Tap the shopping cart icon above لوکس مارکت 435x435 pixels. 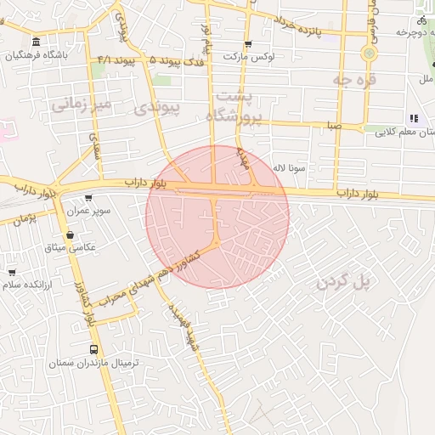(x=247, y=44)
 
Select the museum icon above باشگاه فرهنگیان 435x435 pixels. (x=35, y=42)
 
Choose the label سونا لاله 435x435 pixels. (x=290, y=168)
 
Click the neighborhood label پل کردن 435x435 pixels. (x=344, y=282)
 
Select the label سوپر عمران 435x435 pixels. (x=90, y=210)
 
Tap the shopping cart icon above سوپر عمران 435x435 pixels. (x=89, y=198)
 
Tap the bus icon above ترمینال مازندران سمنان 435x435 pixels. (x=93, y=349)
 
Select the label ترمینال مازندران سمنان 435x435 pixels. (x=94, y=363)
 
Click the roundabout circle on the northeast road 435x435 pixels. (x=369, y=53)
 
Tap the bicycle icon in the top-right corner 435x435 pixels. (x=422, y=20)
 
